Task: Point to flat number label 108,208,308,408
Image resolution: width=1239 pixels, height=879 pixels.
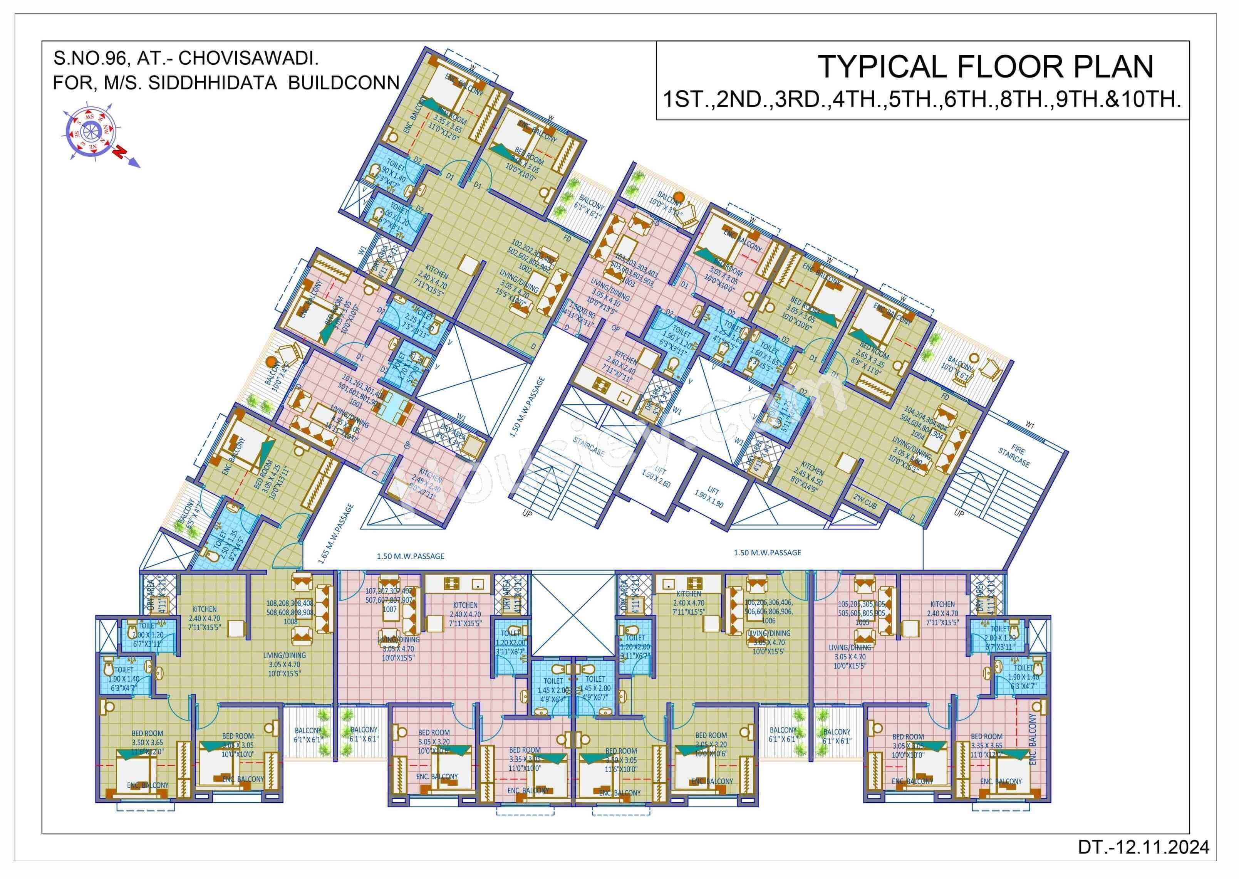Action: point(289,603)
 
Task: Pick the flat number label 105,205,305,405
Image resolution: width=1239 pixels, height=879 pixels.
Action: point(862,604)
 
